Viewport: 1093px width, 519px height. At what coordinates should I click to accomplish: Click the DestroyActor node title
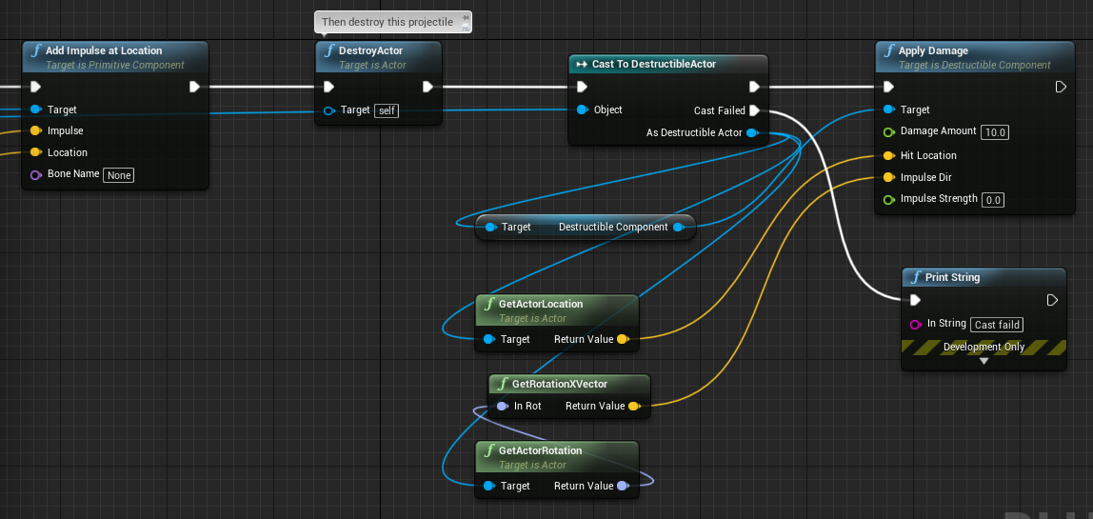[x=371, y=50]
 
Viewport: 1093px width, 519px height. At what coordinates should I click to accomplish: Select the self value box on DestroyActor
[x=387, y=110]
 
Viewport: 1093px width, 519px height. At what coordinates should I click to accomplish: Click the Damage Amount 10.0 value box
[x=996, y=131]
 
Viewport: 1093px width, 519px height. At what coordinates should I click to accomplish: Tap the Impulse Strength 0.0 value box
[x=993, y=200]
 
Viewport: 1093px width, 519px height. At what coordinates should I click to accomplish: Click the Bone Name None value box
[x=118, y=175]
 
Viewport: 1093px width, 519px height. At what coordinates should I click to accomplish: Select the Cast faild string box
[x=997, y=325]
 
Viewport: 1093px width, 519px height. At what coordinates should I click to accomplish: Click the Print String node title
[x=952, y=277]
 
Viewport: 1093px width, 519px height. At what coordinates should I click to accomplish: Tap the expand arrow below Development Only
[x=984, y=361]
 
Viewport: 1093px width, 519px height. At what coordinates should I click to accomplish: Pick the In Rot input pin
[x=502, y=406]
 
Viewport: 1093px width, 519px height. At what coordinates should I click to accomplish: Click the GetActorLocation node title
[x=540, y=304]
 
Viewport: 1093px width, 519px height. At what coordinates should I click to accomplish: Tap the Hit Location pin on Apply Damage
[x=888, y=155]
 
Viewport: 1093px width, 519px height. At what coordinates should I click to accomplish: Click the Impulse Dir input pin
[x=888, y=177]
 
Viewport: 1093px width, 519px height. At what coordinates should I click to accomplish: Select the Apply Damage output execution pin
[x=1061, y=88]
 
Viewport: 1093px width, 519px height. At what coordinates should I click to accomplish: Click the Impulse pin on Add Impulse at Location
[x=36, y=130]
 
